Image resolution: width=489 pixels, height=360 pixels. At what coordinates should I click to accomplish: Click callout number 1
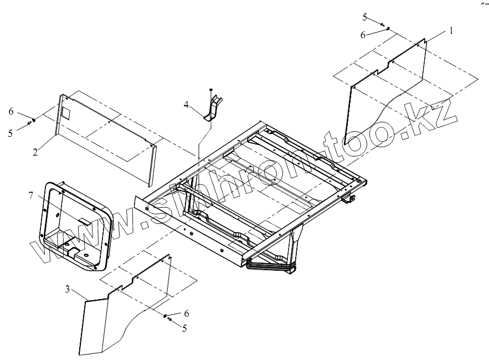coord(451,31)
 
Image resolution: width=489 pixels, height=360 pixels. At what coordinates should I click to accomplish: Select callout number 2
coord(35,151)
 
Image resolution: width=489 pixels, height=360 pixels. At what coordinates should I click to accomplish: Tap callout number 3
coord(68,289)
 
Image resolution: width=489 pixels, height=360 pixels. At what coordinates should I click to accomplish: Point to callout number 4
coord(187,104)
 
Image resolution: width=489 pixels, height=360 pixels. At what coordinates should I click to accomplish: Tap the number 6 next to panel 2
coord(11,111)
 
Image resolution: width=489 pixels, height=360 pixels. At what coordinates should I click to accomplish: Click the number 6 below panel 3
coord(186,313)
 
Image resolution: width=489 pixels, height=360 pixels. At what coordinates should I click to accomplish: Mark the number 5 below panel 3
coord(184,328)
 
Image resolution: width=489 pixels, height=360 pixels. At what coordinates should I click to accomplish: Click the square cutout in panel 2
coord(65,113)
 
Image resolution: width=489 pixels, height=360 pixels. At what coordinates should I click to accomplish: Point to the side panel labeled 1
coord(388,89)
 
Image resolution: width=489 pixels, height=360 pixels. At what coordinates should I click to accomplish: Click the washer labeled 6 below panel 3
coord(165,315)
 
